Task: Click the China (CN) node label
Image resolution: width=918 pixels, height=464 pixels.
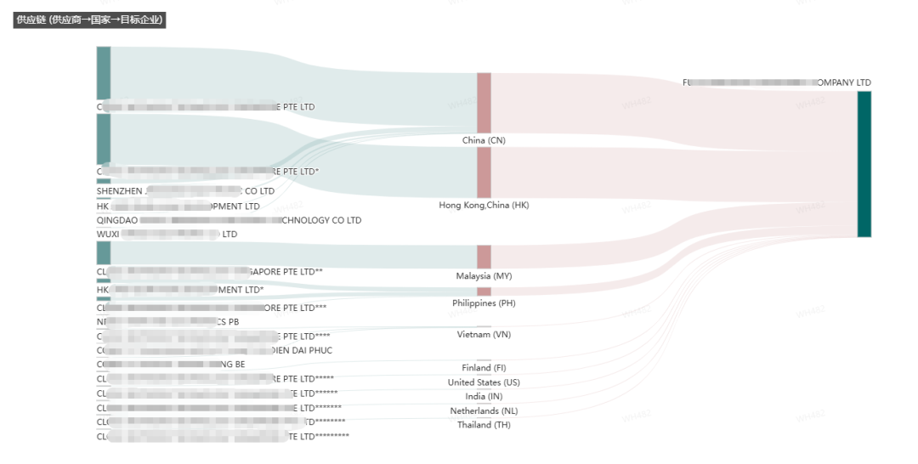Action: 484,140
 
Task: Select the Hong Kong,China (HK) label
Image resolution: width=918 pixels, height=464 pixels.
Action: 484,205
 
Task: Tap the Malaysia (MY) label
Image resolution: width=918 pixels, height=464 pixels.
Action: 484,276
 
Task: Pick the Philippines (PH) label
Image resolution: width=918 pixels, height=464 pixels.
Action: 484,303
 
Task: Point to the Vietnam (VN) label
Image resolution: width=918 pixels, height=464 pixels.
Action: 484,335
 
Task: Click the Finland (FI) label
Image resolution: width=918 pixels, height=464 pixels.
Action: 484,368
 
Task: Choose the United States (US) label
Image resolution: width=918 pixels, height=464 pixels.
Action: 484,382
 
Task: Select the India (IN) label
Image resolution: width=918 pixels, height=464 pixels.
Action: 484,397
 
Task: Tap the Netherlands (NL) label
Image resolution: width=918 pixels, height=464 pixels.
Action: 484,411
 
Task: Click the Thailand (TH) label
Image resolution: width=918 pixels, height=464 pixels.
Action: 484,425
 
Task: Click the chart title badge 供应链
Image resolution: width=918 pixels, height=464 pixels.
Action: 89,20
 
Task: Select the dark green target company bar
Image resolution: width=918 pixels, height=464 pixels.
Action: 864,163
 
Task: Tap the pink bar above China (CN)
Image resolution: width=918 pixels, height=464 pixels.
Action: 484,102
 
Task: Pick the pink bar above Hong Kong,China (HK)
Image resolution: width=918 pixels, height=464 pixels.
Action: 484,172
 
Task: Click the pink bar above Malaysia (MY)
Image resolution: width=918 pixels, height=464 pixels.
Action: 484,257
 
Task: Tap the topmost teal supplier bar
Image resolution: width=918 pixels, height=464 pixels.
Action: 104,73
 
